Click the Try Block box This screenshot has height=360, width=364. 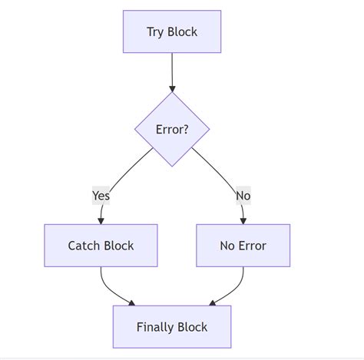click(x=172, y=31)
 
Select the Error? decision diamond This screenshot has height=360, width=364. click(x=172, y=129)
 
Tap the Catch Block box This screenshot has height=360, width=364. click(x=101, y=246)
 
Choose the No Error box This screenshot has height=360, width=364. click(x=243, y=246)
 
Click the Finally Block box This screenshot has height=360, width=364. click(x=172, y=327)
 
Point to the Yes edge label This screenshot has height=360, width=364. click(x=101, y=196)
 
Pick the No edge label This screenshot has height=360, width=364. click(x=243, y=196)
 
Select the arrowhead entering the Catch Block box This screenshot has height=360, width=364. click(x=101, y=220)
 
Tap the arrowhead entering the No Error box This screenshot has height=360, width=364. click(x=243, y=220)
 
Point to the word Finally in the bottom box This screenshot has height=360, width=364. click(x=156, y=327)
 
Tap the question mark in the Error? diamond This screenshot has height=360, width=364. click(x=186, y=129)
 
